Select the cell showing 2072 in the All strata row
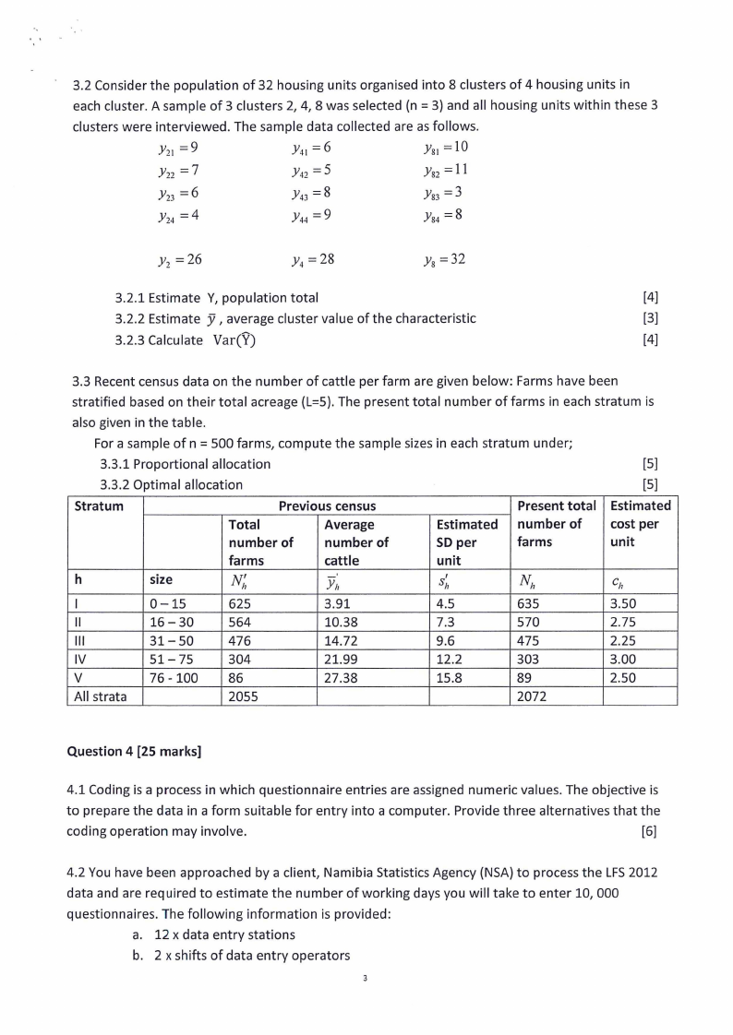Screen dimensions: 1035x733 point(534,696)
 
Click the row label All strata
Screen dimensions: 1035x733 point(101,696)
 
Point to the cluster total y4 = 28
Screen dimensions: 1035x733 point(310,259)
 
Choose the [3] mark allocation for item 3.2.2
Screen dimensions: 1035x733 point(649,318)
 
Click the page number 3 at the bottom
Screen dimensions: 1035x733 point(366,979)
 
